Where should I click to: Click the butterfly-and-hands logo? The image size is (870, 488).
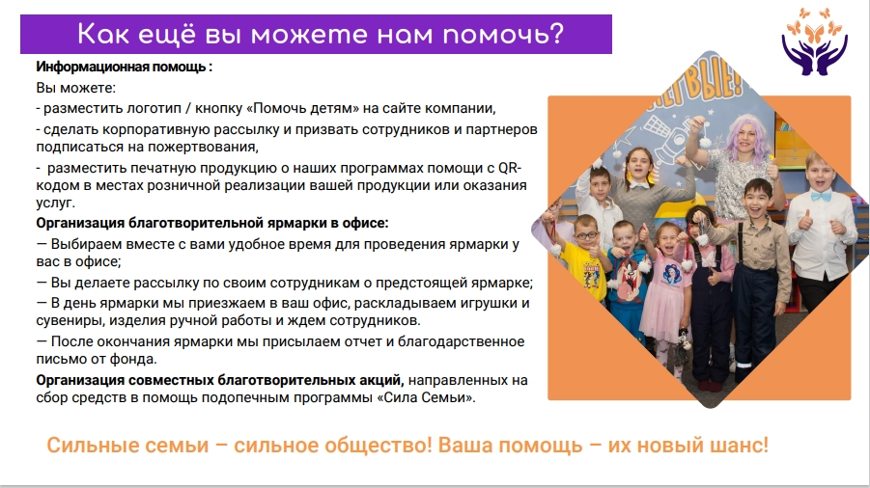[814, 42]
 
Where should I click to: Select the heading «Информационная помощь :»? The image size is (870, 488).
[125, 67]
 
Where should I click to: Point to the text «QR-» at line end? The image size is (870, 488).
[510, 168]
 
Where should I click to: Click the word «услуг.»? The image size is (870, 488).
[55, 203]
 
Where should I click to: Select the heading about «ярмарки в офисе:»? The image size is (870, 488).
[212, 223]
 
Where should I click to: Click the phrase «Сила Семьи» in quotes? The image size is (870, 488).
[427, 397]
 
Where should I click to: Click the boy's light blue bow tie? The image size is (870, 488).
[821, 196]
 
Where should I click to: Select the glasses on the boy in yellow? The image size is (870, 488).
[585, 235]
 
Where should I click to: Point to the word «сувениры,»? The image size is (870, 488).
[70, 321]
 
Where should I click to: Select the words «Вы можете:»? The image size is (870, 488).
[76, 88]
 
